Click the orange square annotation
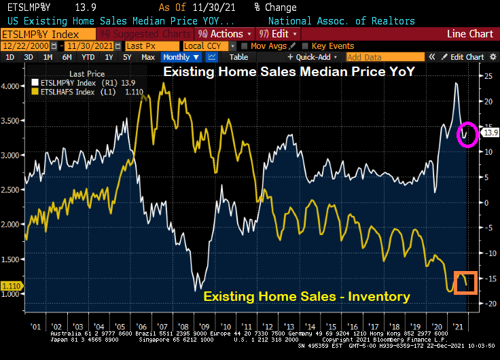(x=466, y=283)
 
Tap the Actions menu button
(x=225, y=33)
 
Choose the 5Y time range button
(x=126, y=57)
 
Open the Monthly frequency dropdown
(x=181, y=57)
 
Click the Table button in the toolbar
(x=238, y=57)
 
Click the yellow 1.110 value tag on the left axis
(x=12, y=287)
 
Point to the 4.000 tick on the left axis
(x=12, y=86)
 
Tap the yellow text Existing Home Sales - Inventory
(x=306, y=296)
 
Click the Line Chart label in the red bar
(x=470, y=33)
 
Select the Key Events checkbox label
(x=333, y=46)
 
